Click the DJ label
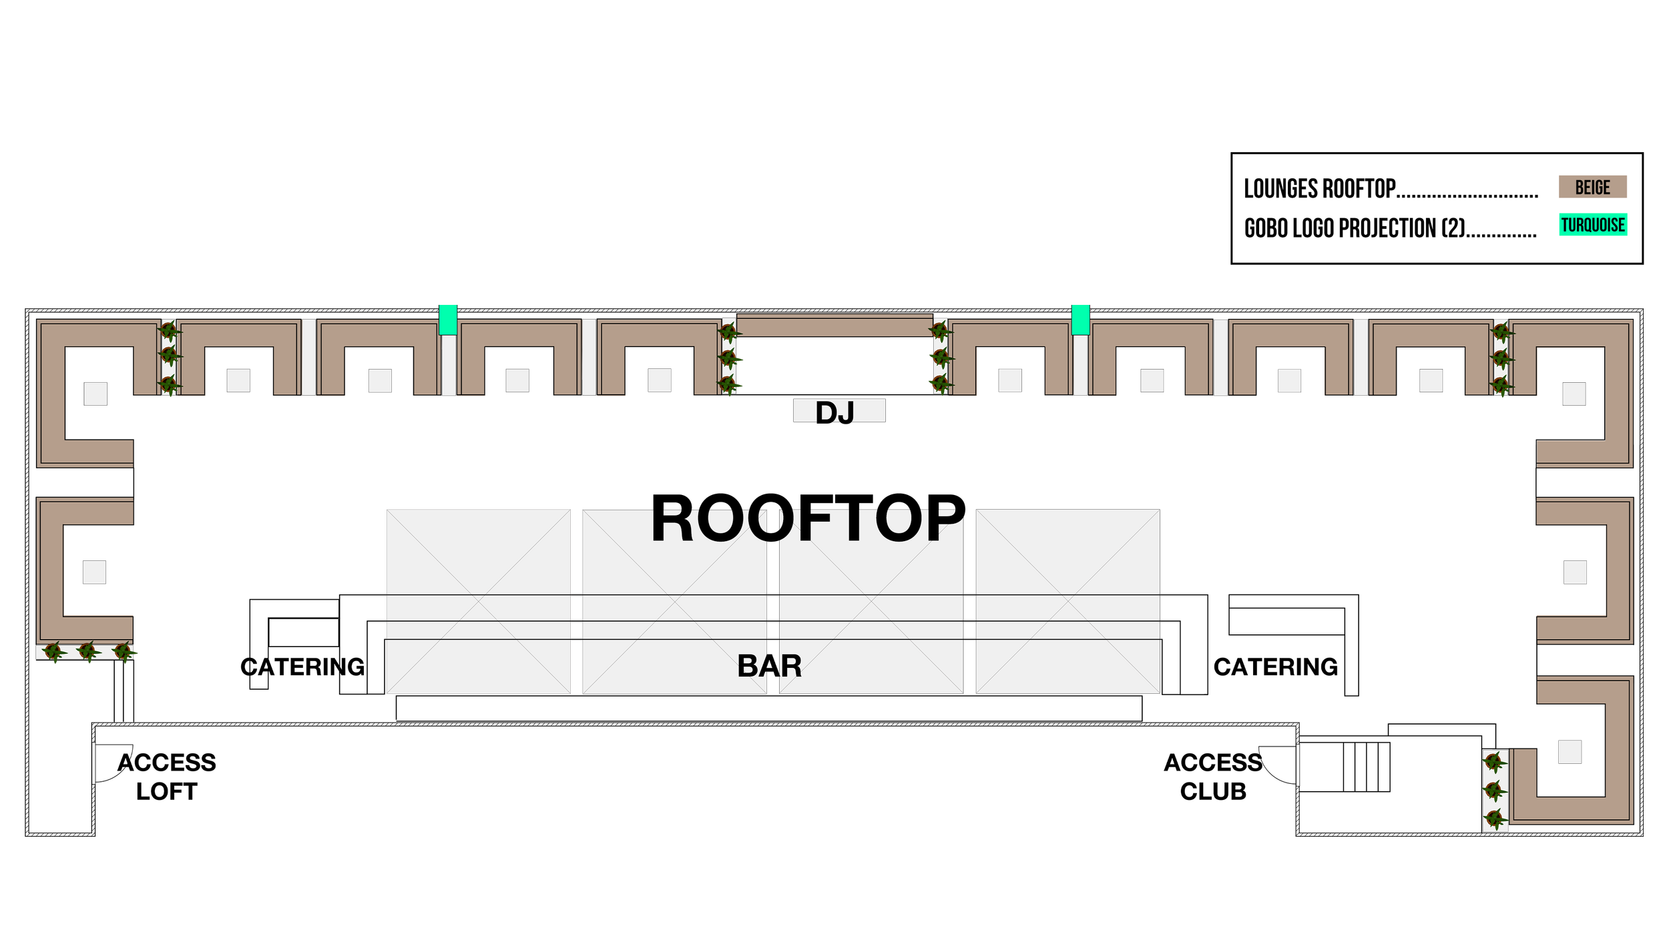point(835,412)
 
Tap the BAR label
point(769,666)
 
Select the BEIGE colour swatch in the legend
point(1592,187)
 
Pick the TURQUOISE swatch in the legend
point(1593,225)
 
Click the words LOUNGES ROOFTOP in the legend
point(1320,189)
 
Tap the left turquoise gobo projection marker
point(447,320)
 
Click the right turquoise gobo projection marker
point(1080,320)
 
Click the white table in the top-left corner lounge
point(95,394)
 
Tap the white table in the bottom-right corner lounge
point(1570,752)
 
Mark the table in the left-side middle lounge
point(94,572)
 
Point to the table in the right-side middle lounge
point(1575,572)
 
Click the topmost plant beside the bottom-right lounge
point(1495,762)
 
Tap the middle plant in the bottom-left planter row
point(87,650)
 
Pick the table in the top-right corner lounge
point(1574,394)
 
